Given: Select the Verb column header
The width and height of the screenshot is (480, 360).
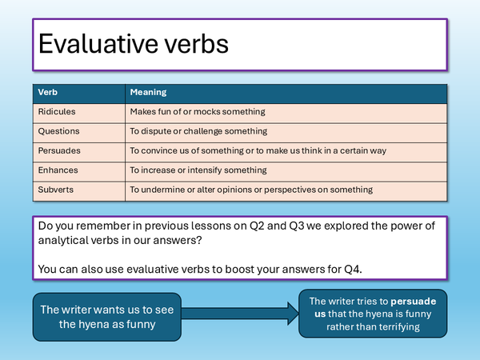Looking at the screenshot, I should pyautogui.click(x=48, y=92).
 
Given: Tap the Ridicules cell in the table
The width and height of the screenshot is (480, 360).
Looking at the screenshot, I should pyautogui.click(x=56, y=112).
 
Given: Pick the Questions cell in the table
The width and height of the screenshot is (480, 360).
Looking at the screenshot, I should pyautogui.click(x=58, y=131).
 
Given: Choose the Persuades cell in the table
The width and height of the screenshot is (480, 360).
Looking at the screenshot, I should pyautogui.click(x=59, y=150).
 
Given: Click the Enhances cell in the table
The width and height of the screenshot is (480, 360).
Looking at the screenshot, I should pyautogui.click(x=58, y=170).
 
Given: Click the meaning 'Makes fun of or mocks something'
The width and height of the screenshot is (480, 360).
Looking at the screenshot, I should pyautogui.click(x=197, y=112).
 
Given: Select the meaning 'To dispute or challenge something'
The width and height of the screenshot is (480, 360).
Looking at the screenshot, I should pyautogui.click(x=198, y=131).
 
